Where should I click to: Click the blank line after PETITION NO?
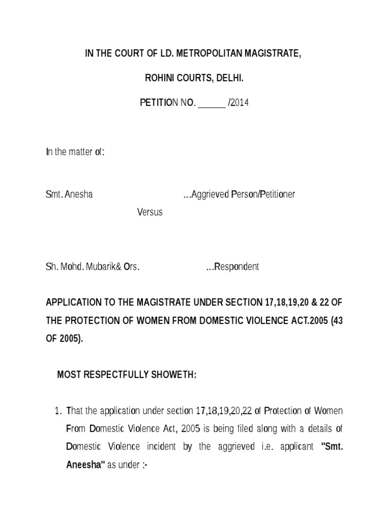[x=212, y=103]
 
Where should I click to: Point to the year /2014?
[x=239, y=103]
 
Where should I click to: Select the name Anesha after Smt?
[x=80, y=194]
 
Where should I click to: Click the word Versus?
[x=150, y=212]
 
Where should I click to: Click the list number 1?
[x=57, y=410]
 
